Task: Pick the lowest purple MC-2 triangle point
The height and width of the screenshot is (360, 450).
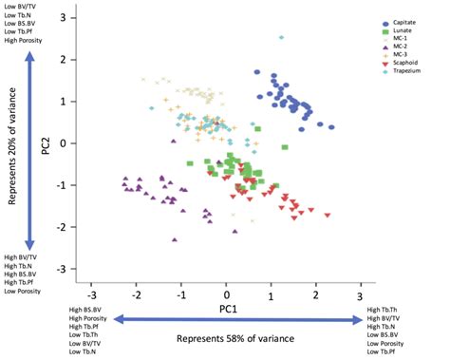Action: (x=174, y=242)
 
